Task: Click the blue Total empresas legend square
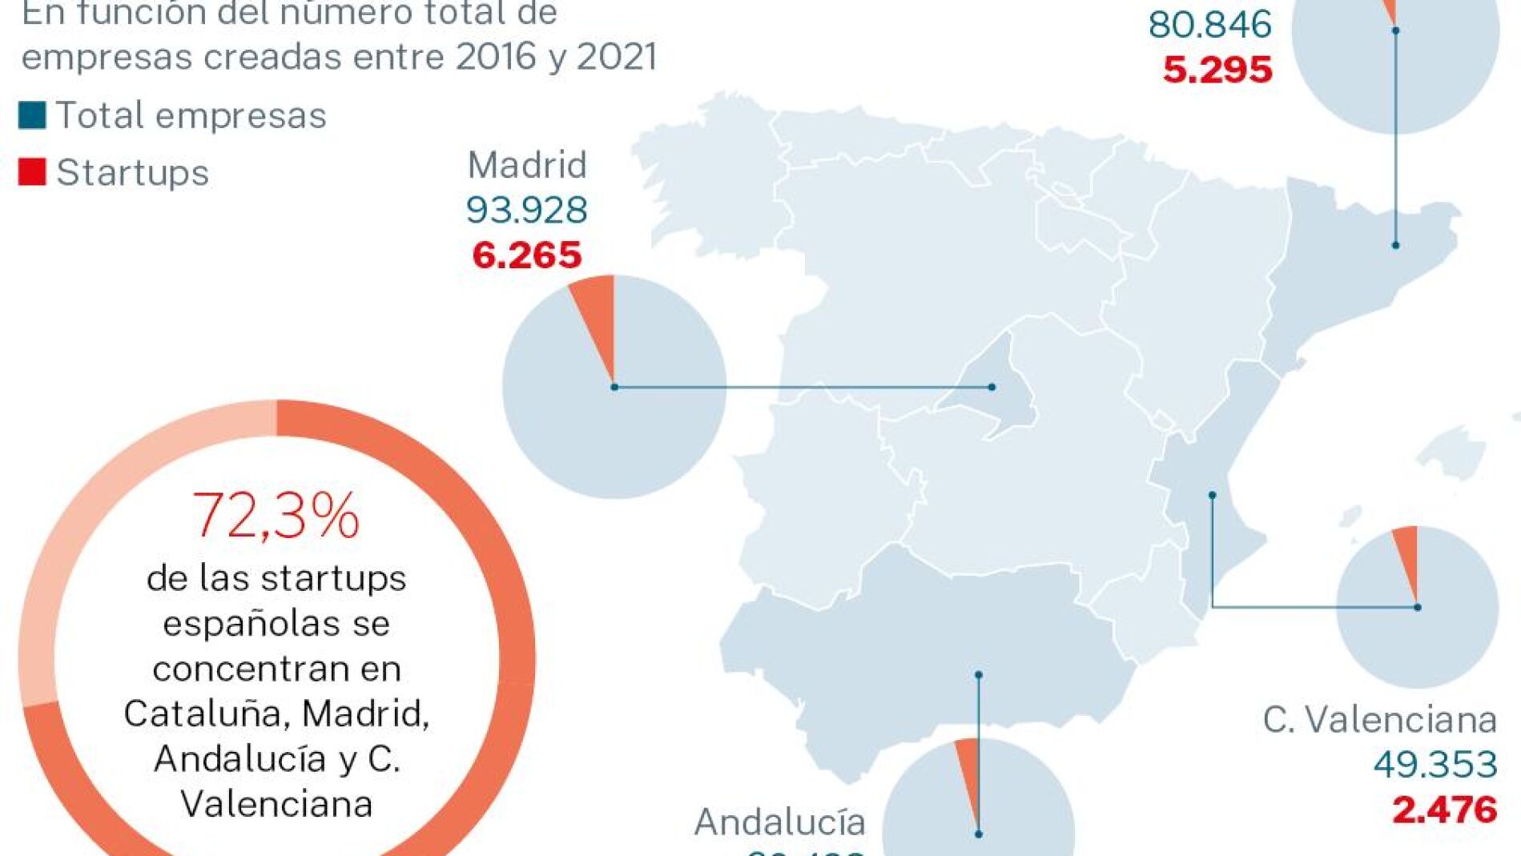[32, 115]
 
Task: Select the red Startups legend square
[32, 172]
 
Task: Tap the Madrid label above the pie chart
[527, 165]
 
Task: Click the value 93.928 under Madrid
[527, 210]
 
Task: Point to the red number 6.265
[527, 255]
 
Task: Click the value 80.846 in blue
[1209, 25]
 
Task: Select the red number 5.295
[1217, 70]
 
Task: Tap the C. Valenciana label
[1379, 720]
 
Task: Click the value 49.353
[1435, 765]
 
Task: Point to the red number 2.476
[1444, 810]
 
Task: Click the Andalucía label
[779, 822]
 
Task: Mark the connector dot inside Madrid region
[992, 388]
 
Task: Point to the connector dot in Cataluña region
[1395, 245]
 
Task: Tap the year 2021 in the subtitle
[617, 57]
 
